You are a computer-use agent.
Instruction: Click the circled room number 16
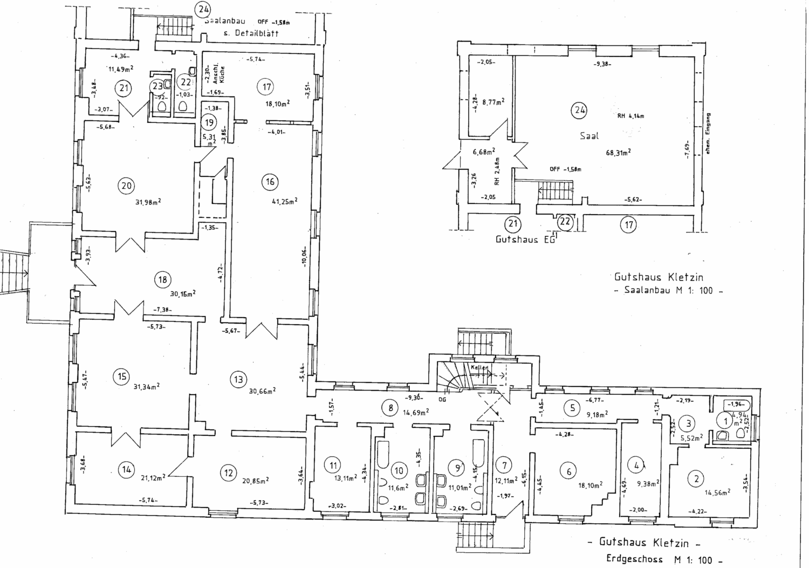tap(270, 182)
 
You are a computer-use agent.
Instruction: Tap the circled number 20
tap(126, 186)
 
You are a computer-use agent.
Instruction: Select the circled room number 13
tap(238, 380)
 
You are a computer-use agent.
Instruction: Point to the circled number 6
tap(568, 471)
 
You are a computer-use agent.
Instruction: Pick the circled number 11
tap(333, 465)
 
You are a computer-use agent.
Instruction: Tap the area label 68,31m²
tap(618, 153)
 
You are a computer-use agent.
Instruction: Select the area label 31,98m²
tap(148, 202)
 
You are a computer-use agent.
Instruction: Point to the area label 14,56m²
tap(717, 491)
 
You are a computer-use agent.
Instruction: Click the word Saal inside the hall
tap(589, 136)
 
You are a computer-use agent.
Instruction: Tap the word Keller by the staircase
tap(479, 368)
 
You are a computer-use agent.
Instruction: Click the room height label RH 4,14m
tap(631, 115)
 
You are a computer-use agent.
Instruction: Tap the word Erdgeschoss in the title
tap(634, 559)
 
